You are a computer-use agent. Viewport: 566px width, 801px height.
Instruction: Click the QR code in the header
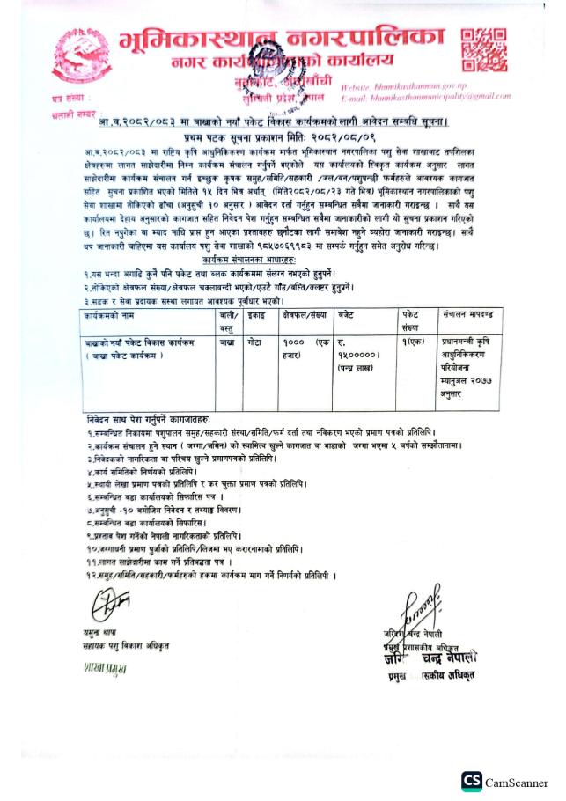(x=483, y=50)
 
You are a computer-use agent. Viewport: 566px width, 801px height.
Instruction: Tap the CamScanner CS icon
(x=471, y=781)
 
